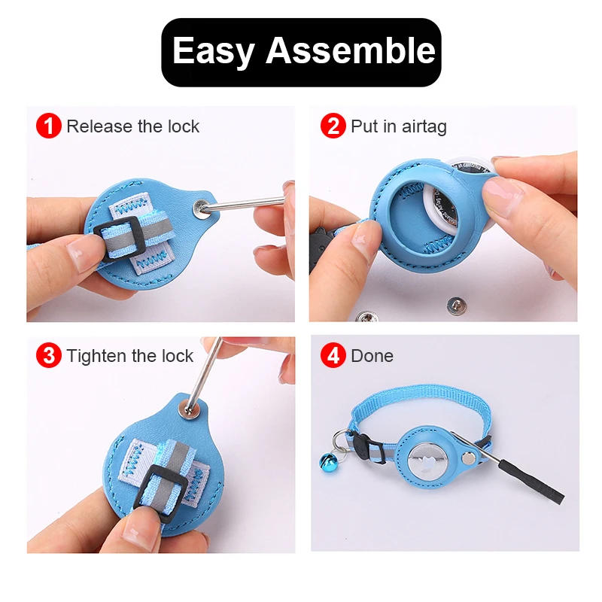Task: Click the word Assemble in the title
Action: point(351,51)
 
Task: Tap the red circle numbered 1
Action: point(49,126)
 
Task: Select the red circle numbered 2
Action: point(333,126)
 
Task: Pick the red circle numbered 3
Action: point(49,355)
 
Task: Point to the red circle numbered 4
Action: point(333,355)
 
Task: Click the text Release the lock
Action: point(132,126)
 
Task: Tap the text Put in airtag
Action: point(398,126)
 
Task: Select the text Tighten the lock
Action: point(129,356)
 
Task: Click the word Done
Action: point(372,356)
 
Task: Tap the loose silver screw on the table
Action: point(455,305)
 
